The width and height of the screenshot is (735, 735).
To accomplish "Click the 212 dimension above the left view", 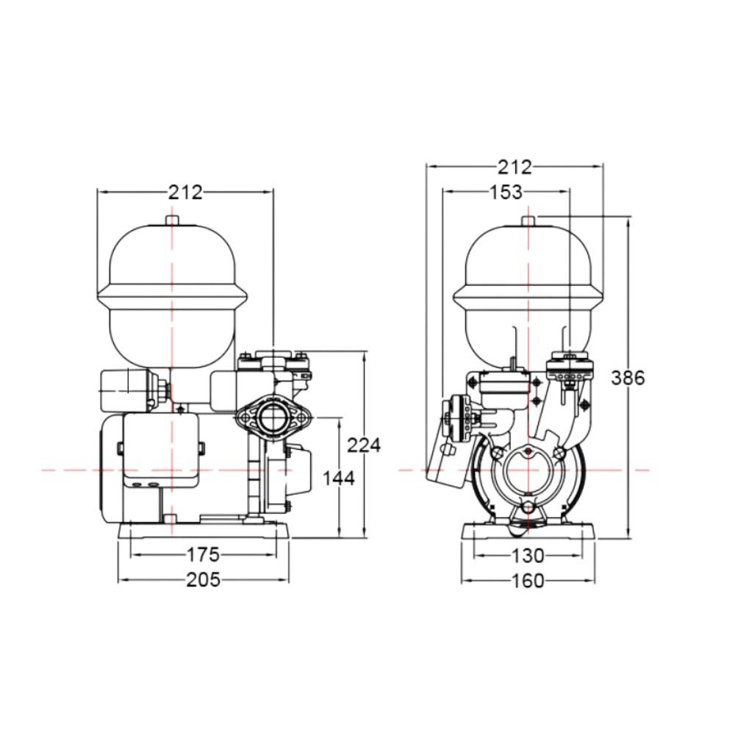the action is [186, 192].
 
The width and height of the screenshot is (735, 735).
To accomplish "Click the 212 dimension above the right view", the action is [514, 167].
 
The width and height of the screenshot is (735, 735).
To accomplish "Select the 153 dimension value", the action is [506, 192].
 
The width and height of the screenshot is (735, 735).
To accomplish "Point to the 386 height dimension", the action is [628, 377].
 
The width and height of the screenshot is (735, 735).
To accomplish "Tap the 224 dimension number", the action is [364, 445].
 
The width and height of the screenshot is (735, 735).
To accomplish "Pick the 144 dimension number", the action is [339, 478].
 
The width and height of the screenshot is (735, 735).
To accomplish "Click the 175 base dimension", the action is [203, 554].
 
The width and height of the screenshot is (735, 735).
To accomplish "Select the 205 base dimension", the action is [203, 580].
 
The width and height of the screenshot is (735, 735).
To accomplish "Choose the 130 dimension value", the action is [528, 556].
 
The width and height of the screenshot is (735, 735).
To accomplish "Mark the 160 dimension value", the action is [528, 581].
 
